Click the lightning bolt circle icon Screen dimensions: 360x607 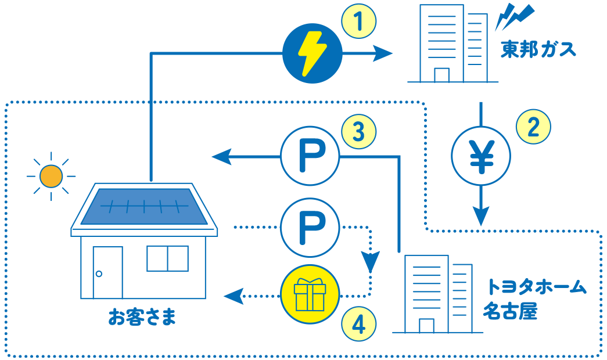point(312,54)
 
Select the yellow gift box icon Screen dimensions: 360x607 point(309,294)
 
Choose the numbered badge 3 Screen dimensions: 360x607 point(359,132)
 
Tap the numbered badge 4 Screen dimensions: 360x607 point(359,324)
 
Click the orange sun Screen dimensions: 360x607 point(51,176)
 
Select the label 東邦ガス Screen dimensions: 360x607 point(538,49)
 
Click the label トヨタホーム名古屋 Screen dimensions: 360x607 point(534,299)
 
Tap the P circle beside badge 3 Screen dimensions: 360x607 point(310,157)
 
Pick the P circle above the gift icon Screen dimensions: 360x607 point(310,228)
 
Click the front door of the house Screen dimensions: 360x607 point(107,272)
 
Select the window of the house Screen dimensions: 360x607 point(167,258)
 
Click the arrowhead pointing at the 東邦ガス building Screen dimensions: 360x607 point(383,54)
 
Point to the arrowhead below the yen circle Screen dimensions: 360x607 point(480,217)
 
